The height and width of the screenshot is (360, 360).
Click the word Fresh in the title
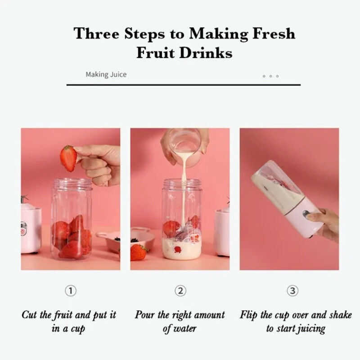274,34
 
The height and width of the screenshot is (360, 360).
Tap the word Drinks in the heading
206,53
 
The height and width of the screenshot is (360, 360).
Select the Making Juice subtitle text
106,74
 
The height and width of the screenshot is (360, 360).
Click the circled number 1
71,291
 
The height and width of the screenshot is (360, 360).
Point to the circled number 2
180,291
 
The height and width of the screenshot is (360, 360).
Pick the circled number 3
292,291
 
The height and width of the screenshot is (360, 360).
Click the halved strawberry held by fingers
68,158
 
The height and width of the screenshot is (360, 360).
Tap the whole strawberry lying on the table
139,252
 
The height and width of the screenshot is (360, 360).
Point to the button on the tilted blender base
306,214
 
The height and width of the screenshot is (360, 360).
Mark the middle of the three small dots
271,76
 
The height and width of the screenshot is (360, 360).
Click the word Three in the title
96,34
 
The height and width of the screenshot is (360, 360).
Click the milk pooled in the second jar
182,249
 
